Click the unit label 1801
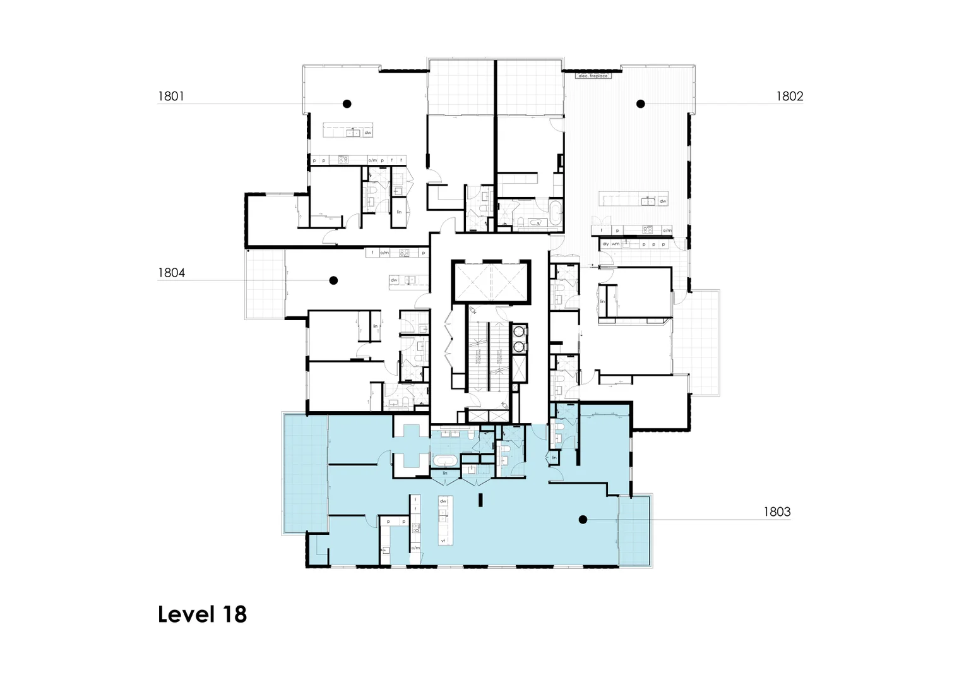[170, 96]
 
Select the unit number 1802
[789, 96]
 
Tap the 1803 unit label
[777, 512]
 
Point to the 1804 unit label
[171, 273]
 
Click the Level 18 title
[202, 614]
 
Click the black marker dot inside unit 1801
[347, 104]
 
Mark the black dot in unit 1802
[641, 104]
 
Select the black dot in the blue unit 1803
[583, 520]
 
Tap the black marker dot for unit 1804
[334, 280]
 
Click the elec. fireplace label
[593, 76]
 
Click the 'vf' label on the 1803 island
[443, 541]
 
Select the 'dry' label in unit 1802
[605, 244]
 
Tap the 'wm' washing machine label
[616, 244]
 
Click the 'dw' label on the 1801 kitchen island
[367, 133]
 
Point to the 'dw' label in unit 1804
[394, 280]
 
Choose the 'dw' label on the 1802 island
[662, 201]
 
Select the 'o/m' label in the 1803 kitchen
[415, 547]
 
